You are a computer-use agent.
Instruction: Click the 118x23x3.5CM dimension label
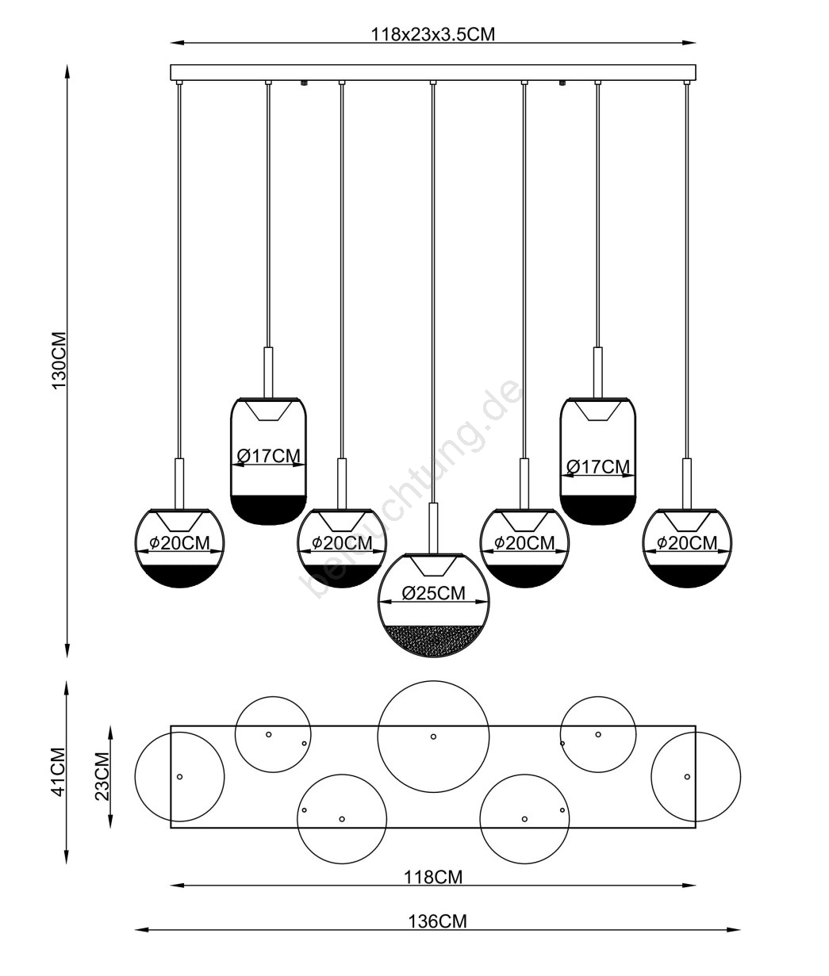(x=432, y=34)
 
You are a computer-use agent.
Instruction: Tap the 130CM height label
(x=59, y=361)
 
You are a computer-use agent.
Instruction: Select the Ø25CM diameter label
(x=434, y=593)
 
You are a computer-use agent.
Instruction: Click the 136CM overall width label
(x=437, y=921)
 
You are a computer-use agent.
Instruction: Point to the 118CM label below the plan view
(x=433, y=878)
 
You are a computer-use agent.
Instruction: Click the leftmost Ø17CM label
(x=268, y=456)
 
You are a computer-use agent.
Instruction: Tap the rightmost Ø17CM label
(x=598, y=467)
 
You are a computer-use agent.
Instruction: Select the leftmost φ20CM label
(x=179, y=543)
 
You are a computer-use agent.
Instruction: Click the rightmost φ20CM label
(x=687, y=543)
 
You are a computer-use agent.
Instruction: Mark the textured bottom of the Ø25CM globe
(x=434, y=641)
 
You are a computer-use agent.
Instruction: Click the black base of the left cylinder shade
(x=268, y=510)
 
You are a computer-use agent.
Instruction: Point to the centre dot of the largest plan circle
(x=433, y=737)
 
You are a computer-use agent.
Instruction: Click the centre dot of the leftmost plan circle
(x=179, y=777)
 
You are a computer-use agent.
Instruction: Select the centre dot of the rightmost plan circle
(x=687, y=777)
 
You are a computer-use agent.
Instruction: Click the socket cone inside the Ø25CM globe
(x=434, y=566)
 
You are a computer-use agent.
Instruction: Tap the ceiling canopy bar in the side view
(x=433, y=72)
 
